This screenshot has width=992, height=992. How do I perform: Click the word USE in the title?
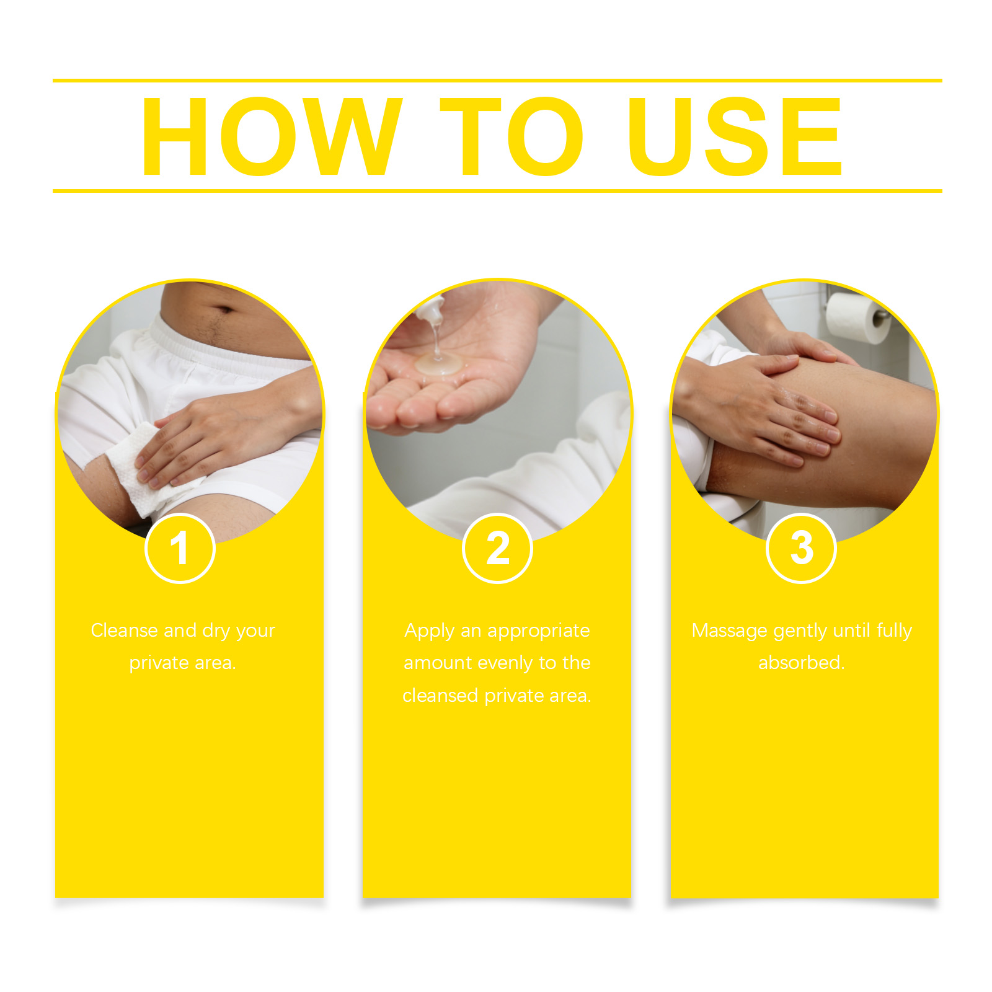[x=735, y=136]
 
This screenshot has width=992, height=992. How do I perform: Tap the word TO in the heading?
[x=511, y=136]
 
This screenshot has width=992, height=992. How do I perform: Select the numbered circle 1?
[x=180, y=549]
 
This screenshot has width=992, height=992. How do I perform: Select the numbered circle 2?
[x=497, y=549]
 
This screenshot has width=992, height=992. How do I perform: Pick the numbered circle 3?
[x=802, y=549]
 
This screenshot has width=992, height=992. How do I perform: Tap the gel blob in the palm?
[x=439, y=364]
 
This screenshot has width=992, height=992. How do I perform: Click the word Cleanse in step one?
[x=125, y=631]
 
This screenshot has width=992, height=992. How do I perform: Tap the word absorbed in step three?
[x=801, y=663]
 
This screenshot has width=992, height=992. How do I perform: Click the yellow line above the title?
[x=497, y=81]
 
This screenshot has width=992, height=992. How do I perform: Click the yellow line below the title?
[x=497, y=191]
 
